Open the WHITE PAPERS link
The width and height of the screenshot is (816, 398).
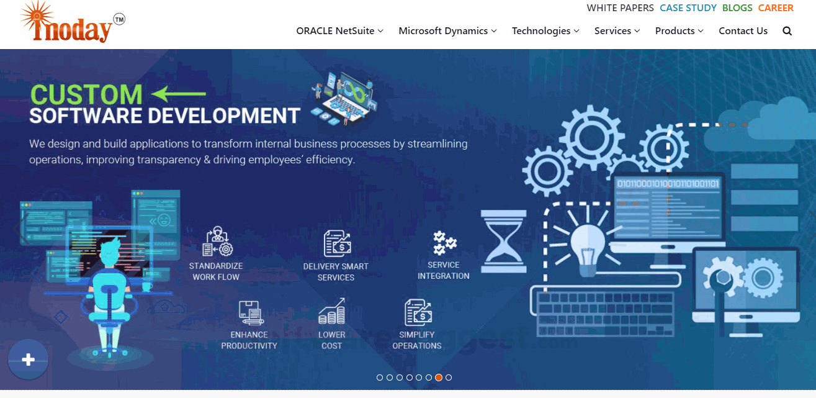pos(620,8)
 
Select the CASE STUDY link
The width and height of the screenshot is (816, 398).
pos(688,8)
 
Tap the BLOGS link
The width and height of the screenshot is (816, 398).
pos(737,8)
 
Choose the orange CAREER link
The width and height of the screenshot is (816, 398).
pos(776,8)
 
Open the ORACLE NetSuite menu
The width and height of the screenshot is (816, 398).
pos(339,31)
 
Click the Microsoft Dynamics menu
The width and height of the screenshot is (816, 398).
pos(447,31)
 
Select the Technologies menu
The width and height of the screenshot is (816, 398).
pos(545,31)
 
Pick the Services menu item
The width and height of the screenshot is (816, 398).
pos(617,31)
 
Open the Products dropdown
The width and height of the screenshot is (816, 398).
pos(679,31)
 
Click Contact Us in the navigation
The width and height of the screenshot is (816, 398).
pos(743,31)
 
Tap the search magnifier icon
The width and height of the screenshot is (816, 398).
pos(787,31)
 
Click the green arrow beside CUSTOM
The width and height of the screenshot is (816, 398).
pos(179,94)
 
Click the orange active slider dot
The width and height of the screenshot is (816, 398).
pos(439,378)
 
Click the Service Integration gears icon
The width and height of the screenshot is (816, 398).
pos(444,243)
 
